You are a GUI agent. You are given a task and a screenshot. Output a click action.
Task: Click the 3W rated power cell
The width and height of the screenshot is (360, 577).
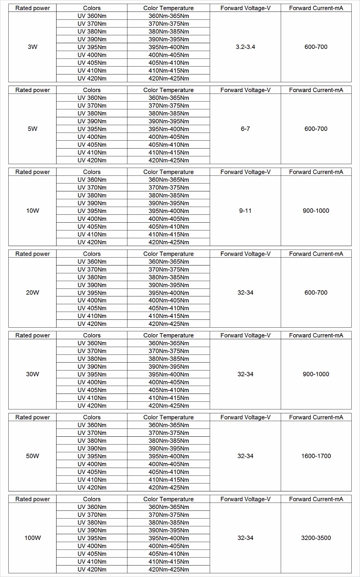click(x=32, y=47)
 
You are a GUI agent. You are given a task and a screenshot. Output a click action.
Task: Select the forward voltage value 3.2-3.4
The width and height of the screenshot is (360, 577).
click(x=245, y=47)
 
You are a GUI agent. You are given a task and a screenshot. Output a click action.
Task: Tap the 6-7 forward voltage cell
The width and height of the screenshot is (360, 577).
click(x=245, y=129)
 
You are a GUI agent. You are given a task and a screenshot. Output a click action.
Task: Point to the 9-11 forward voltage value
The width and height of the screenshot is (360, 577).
click(x=245, y=211)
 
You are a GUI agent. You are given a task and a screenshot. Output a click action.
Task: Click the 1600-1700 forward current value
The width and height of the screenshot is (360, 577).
click(x=316, y=456)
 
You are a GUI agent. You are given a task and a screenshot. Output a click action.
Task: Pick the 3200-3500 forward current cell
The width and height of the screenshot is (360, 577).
click(x=316, y=538)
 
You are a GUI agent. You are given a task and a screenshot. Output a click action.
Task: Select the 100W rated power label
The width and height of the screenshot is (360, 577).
click(x=32, y=538)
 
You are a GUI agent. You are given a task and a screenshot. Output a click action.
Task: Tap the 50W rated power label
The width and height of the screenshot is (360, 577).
click(x=32, y=456)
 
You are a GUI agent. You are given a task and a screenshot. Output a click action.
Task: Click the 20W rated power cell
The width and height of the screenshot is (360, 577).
click(x=32, y=292)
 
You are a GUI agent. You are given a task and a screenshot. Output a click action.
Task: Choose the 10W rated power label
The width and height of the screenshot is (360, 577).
click(x=32, y=211)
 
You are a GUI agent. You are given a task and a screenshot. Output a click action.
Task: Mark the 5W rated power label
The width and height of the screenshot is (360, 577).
click(x=32, y=129)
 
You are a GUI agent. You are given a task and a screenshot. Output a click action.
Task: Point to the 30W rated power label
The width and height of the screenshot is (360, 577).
click(x=32, y=374)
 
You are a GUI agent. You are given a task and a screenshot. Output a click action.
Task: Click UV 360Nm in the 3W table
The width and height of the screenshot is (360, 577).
click(x=92, y=16)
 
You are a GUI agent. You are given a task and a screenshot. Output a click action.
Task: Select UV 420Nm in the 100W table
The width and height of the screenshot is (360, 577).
click(x=92, y=569)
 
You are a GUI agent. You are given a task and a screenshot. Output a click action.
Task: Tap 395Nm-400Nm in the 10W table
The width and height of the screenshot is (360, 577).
click(x=168, y=211)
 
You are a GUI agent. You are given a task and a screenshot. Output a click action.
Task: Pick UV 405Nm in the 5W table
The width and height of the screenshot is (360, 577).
click(x=92, y=145)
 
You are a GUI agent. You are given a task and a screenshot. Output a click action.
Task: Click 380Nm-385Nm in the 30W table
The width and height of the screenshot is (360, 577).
click(x=168, y=359)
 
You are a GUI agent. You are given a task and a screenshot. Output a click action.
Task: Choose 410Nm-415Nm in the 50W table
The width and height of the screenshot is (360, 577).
click(x=168, y=480)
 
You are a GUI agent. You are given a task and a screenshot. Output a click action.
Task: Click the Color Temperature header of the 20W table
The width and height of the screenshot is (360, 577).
click(x=168, y=254)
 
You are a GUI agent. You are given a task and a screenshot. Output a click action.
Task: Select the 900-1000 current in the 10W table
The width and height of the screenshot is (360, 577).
click(x=316, y=211)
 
